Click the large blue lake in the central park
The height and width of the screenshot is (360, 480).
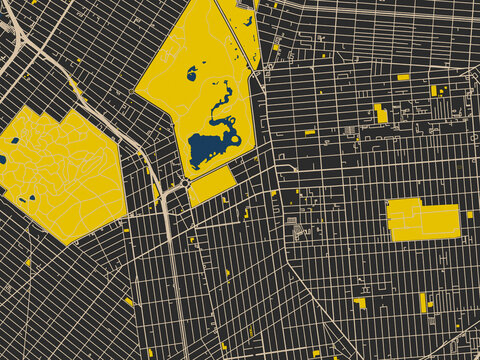pos(210,148)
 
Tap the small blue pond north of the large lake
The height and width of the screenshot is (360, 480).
pos(192,73)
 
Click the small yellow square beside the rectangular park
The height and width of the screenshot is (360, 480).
pos(470,214)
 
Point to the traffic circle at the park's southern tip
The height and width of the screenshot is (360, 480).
pos(186,183)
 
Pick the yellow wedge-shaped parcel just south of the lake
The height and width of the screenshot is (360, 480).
pos(210,186)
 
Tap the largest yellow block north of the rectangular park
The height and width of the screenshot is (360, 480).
pos(381,114)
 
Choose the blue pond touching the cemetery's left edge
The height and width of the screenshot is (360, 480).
pos(2,158)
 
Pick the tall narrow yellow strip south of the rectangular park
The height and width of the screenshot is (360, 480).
pos(423,301)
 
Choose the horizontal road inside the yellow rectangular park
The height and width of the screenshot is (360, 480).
pos(422,220)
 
